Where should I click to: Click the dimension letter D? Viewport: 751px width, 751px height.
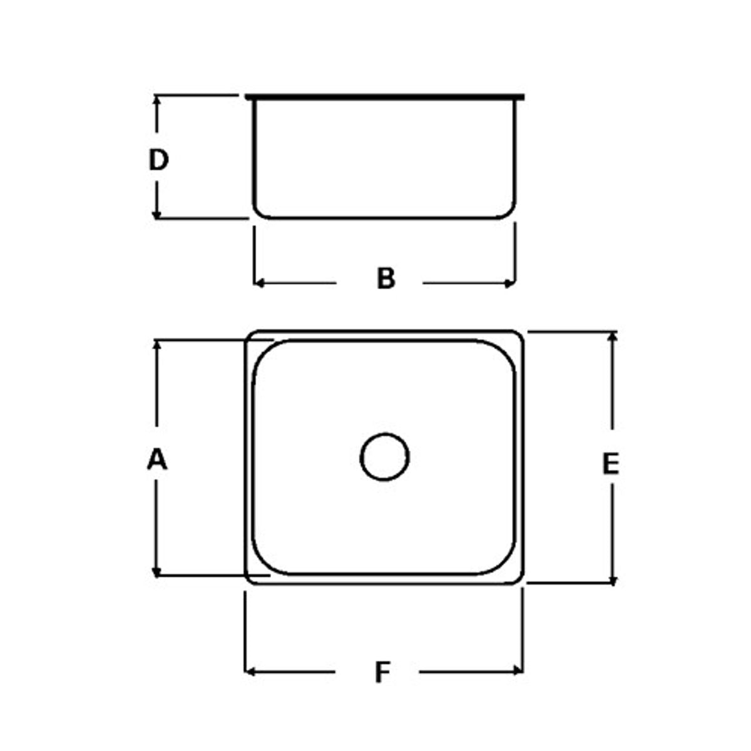pos(158,160)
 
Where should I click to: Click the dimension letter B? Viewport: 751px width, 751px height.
pos(386,278)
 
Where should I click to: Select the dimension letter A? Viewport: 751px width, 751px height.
pos(157,459)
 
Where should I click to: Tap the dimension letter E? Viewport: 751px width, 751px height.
pos(610,464)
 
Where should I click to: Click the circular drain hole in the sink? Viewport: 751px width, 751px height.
pos(385,457)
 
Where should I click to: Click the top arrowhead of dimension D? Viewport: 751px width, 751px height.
pos(157,100)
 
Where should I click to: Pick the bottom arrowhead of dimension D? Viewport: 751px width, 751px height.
pos(157,215)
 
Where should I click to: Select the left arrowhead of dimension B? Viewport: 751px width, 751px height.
pos(258,283)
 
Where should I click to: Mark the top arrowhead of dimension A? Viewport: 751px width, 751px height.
pos(157,344)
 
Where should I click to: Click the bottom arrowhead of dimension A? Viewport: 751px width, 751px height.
pos(157,571)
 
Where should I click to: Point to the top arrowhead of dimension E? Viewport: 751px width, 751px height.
pos(613,336)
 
